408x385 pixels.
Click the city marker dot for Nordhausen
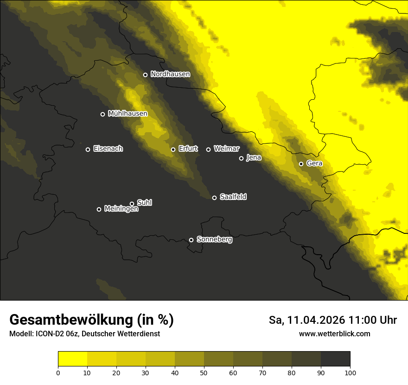(145, 75)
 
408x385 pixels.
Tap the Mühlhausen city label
(127, 114)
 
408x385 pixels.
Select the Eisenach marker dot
(88, 149)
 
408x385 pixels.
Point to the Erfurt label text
(188, 149)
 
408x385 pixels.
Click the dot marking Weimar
(208, 149)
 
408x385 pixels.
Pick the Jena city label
(254, 158)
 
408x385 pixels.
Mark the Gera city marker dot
(301, 164)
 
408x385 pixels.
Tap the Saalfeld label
(233, 197)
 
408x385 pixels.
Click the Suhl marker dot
(132, 204)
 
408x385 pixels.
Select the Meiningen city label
(121, 209)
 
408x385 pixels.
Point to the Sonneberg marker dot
(191, 240)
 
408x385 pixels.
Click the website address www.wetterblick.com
(334, 334)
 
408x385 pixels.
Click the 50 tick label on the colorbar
(204, 372)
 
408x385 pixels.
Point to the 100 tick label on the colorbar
(350, 372)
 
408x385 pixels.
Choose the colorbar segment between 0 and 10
(73, 359)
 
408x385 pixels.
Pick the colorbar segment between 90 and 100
(335, 359)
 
